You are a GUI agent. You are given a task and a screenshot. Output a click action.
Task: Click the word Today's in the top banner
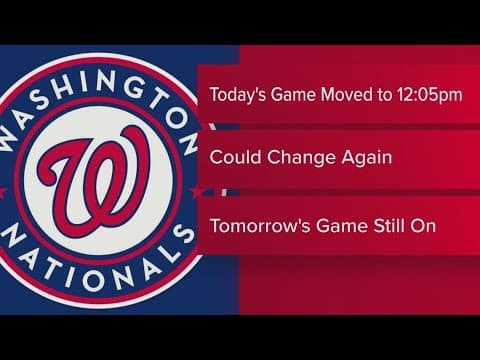click(237, 95)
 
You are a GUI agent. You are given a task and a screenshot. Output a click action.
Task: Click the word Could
click(232, 158)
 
